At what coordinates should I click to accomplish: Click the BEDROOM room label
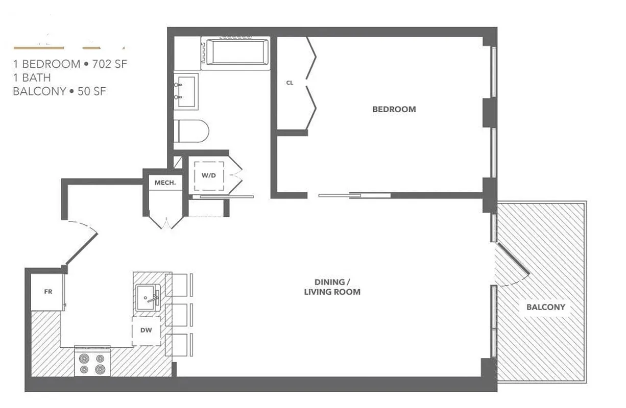[x=394, y=109]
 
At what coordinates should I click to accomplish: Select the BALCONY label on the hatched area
[x=545, y=307]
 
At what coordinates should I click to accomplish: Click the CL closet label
[x=290, y=83]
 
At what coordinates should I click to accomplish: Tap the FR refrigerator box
[x=48, y=292]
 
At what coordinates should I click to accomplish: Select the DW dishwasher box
[x=146, y=330]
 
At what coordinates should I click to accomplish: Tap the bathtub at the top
[x=236, y=52]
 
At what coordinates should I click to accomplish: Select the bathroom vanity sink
[x=186, y=91]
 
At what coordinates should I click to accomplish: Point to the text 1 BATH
[x=32, y=78]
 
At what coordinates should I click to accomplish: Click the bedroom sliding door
[x=355, y=194]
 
